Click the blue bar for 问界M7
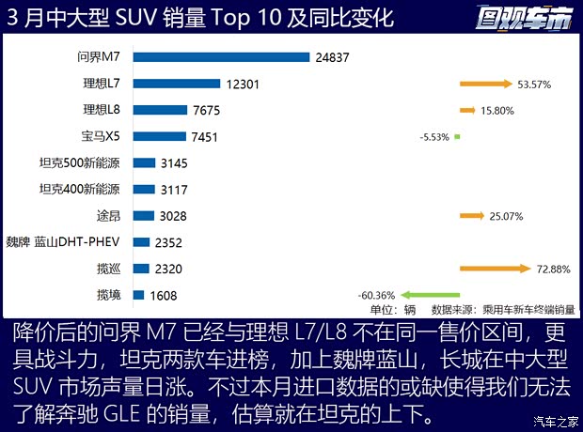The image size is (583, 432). point(222,57)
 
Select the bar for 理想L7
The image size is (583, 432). point(177,84)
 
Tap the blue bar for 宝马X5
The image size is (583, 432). point(160,136)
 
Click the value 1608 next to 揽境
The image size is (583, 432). point(162,295)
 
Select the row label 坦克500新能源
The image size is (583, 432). point(84,162)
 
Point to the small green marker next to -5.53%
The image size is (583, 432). point(457,137)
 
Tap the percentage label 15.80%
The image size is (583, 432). point(497,111)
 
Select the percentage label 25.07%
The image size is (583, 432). point(506,216)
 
